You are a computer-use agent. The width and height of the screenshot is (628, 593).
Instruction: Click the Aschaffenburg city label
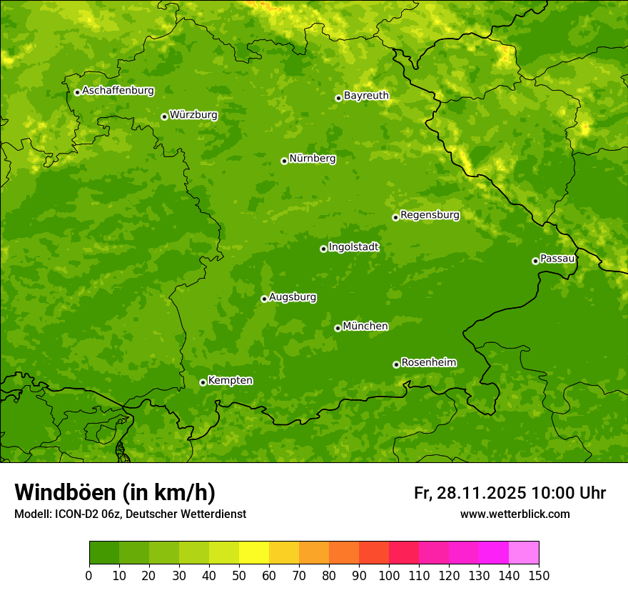click(118, 91)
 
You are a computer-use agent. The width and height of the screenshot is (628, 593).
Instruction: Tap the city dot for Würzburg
click(164, 116)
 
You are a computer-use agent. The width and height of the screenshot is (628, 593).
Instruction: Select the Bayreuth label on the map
click(366, 96)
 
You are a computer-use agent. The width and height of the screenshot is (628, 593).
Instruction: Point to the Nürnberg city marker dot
click(284, 161)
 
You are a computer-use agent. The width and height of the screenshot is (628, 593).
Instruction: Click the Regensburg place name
click(430, 215)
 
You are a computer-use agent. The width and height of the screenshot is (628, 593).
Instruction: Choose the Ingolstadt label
click(353, 247)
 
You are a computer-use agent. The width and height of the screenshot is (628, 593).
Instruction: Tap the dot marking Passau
click(535, 261)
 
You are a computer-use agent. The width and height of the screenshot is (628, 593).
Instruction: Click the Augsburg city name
click(293, 297)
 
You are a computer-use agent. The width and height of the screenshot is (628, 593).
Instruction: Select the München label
click(365, 327)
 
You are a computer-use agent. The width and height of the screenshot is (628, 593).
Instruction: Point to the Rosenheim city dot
click(396, 364)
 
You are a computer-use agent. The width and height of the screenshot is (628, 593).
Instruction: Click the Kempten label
click(230, 381)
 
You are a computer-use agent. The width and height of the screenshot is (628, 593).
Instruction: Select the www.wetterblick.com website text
click(515, 514)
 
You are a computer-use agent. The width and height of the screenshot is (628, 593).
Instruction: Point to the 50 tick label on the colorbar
click(239, 576)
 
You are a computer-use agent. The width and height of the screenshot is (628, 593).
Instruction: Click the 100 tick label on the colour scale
click(389, 576)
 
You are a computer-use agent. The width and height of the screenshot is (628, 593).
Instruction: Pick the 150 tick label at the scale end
click(539, 576)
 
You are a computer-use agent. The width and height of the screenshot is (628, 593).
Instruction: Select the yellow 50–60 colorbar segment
click(254, 553)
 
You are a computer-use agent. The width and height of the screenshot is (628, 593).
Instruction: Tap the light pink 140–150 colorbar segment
click(524, 553)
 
